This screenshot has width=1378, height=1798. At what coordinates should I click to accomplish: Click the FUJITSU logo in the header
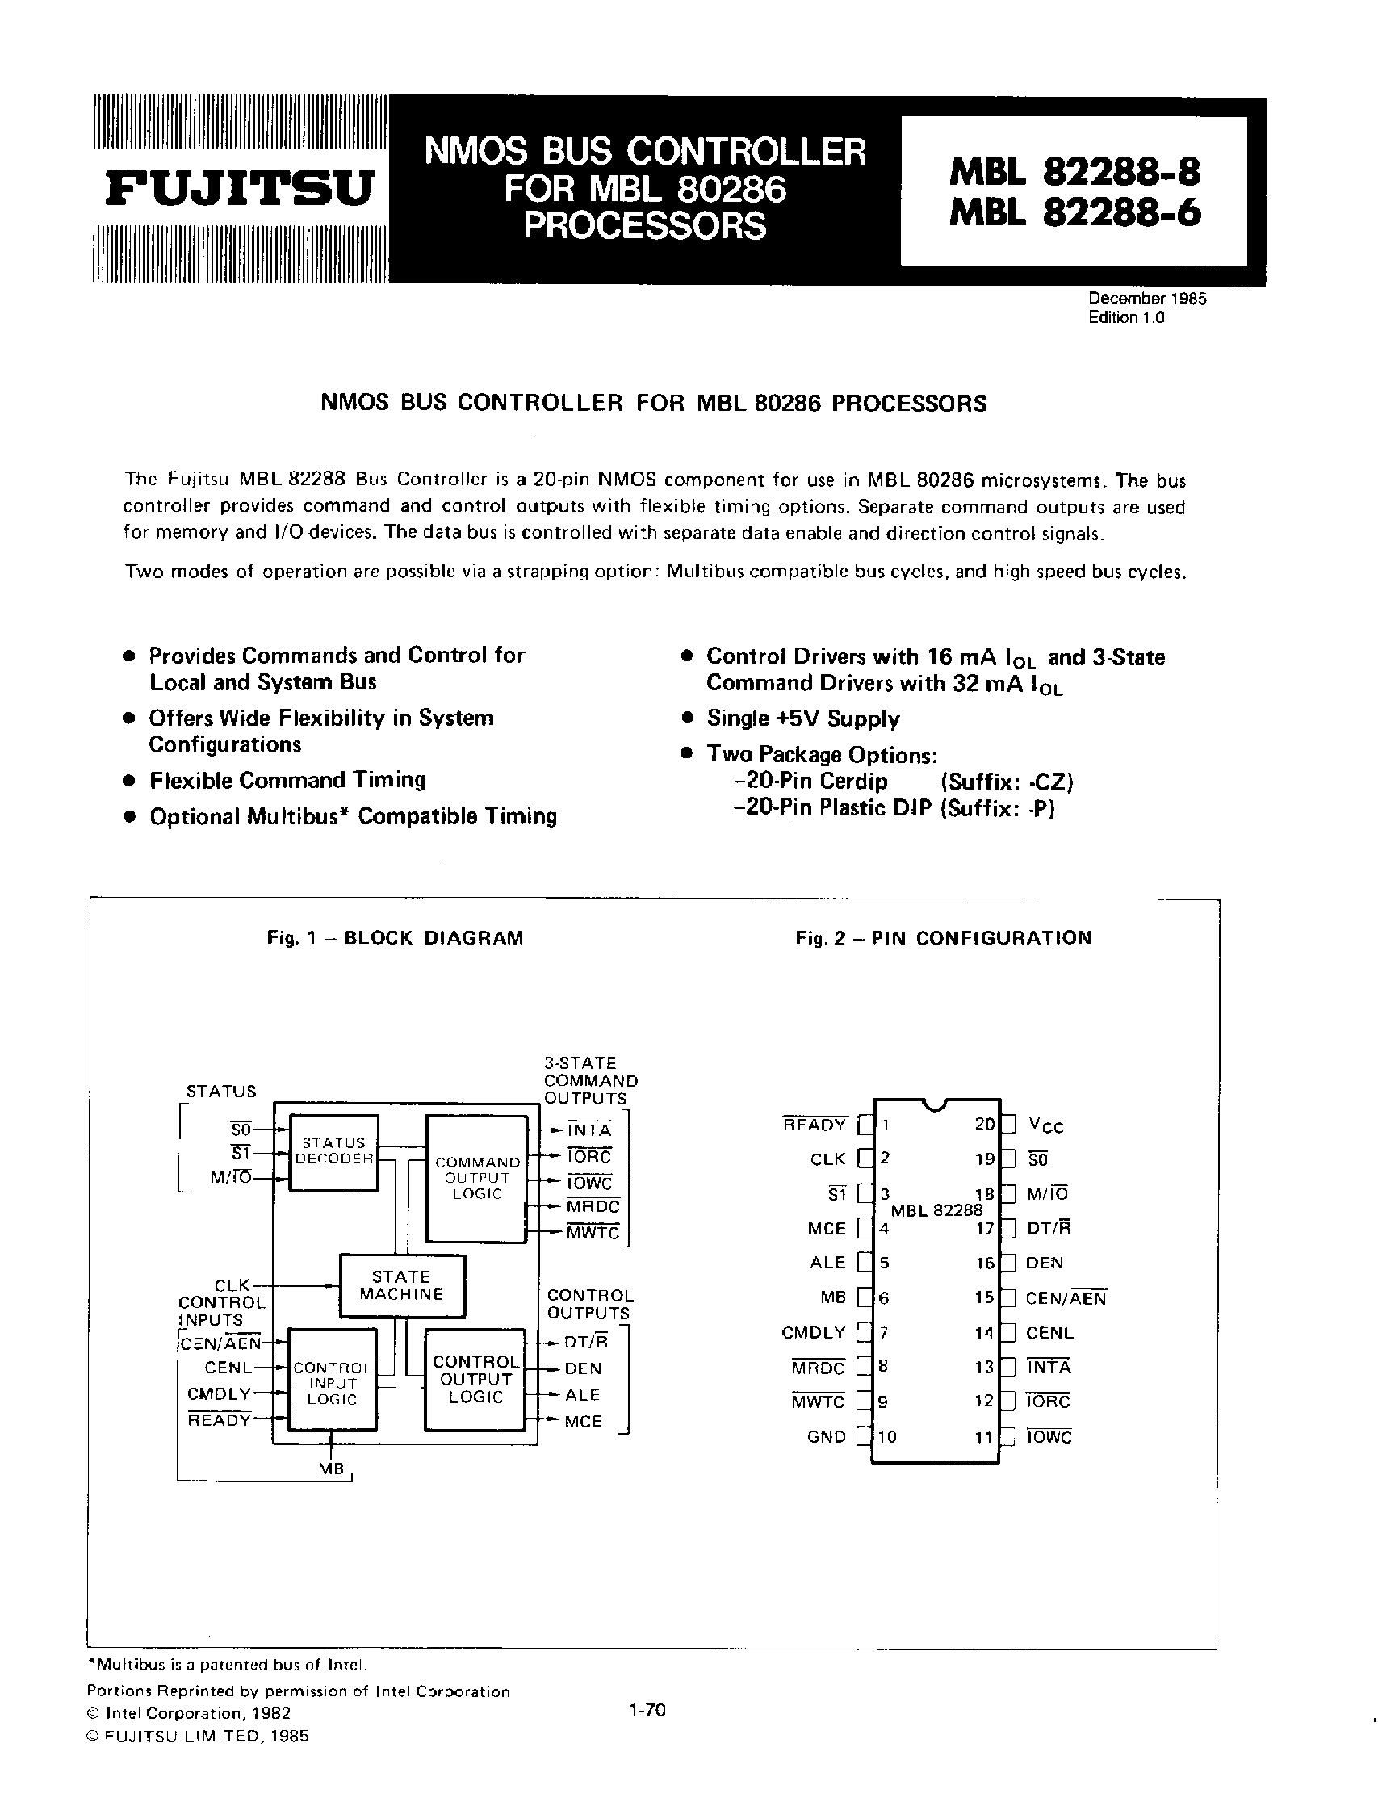[x=240, y=189]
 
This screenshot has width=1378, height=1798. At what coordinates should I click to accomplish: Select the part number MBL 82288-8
[x=1075, y=171]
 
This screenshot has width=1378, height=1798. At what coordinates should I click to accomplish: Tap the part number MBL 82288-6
[x=1075, y=214]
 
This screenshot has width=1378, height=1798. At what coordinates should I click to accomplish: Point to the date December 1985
[x=1146, y=300]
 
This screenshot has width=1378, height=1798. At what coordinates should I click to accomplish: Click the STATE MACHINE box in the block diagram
[x=402, y=1285]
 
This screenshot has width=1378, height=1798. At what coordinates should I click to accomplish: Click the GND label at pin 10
[x=826, y=1437]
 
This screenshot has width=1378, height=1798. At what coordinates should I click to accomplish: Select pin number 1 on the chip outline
[x=884, y=1125]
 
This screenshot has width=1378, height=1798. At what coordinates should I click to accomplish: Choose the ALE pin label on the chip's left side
[x=827, y=1263]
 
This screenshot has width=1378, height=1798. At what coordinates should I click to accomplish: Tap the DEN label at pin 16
[x=1043, y=1264]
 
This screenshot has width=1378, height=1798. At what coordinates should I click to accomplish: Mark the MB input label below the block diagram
[x=331, y=1469]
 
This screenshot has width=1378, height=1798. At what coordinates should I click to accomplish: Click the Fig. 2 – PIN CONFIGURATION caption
[x=943, y=938]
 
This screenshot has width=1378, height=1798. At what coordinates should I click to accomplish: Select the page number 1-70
[x=647, y=1710]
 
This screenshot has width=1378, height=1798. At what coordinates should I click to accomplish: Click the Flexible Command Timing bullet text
[x=287, y=780]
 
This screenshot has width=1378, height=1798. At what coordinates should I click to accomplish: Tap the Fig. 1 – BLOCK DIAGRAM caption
[x=395, y=938]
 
